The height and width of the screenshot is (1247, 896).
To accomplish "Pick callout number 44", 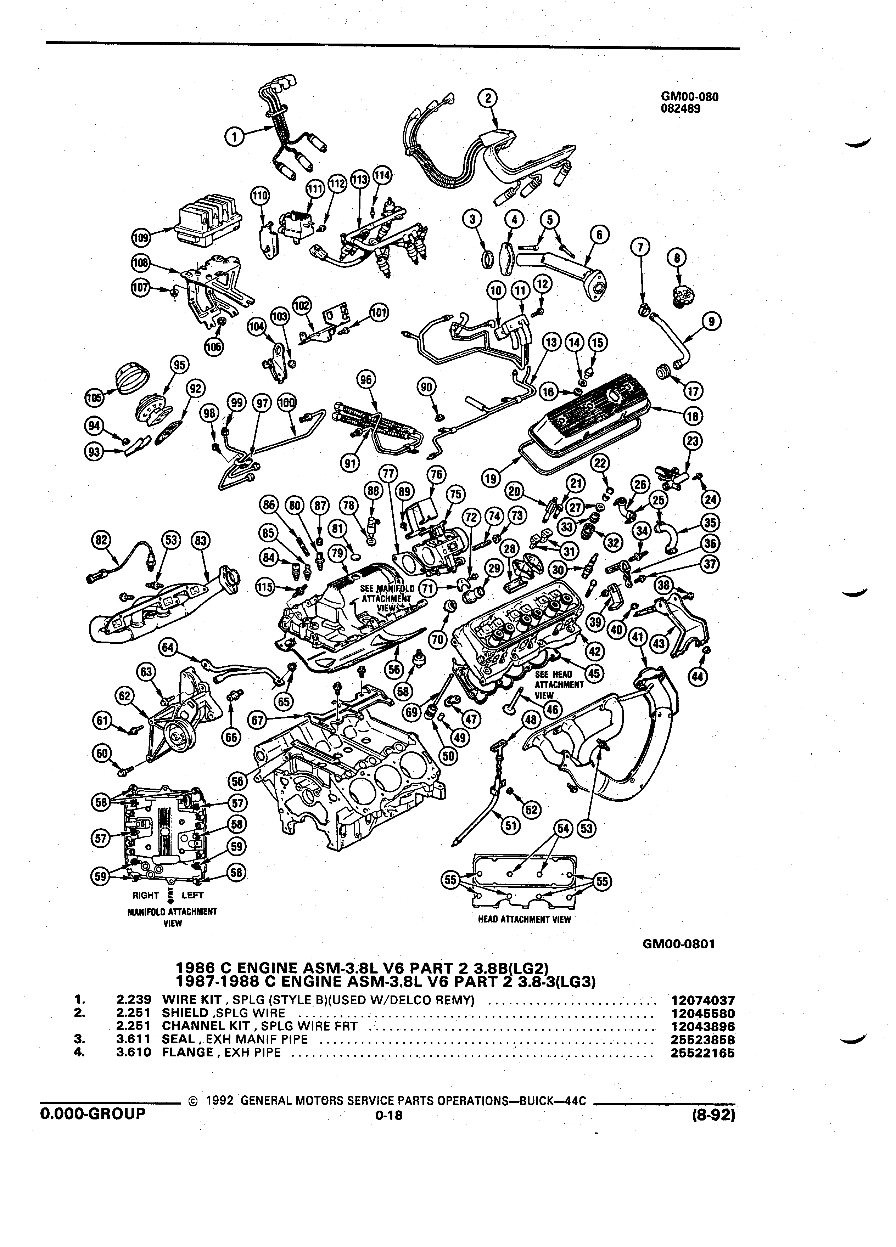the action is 698,677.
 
